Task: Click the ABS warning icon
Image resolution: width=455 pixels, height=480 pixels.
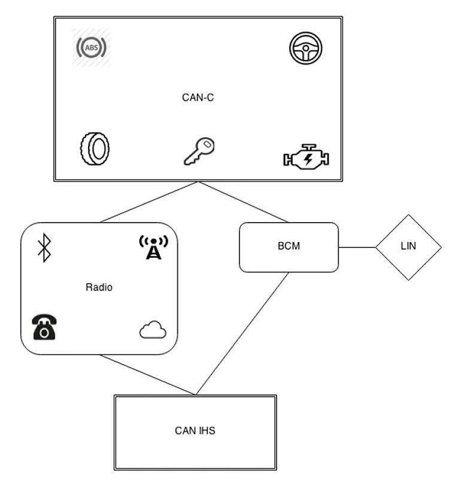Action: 92,47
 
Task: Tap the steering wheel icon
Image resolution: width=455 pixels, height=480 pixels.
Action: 306,48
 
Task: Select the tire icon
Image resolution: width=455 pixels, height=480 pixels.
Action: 95,148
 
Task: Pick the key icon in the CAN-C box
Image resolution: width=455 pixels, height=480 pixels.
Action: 199,151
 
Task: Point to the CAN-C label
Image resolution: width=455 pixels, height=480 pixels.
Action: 198,98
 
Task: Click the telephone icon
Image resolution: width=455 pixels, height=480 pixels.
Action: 44,327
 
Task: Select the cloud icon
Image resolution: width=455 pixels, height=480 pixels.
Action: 153,330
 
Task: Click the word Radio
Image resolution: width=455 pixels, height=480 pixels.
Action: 99,287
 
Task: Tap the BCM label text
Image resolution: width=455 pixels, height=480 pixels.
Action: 289,247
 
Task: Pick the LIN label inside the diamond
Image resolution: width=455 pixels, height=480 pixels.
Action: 408,247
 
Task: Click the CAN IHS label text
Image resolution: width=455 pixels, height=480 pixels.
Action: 195,430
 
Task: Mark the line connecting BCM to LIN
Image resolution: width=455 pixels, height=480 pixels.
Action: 357,247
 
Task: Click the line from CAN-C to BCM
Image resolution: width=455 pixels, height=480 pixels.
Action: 244,202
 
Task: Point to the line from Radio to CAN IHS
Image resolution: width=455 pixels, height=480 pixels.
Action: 147,375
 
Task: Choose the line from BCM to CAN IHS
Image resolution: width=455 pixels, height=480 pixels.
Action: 242,333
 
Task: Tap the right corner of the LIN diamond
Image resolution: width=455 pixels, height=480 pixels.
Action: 440,247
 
